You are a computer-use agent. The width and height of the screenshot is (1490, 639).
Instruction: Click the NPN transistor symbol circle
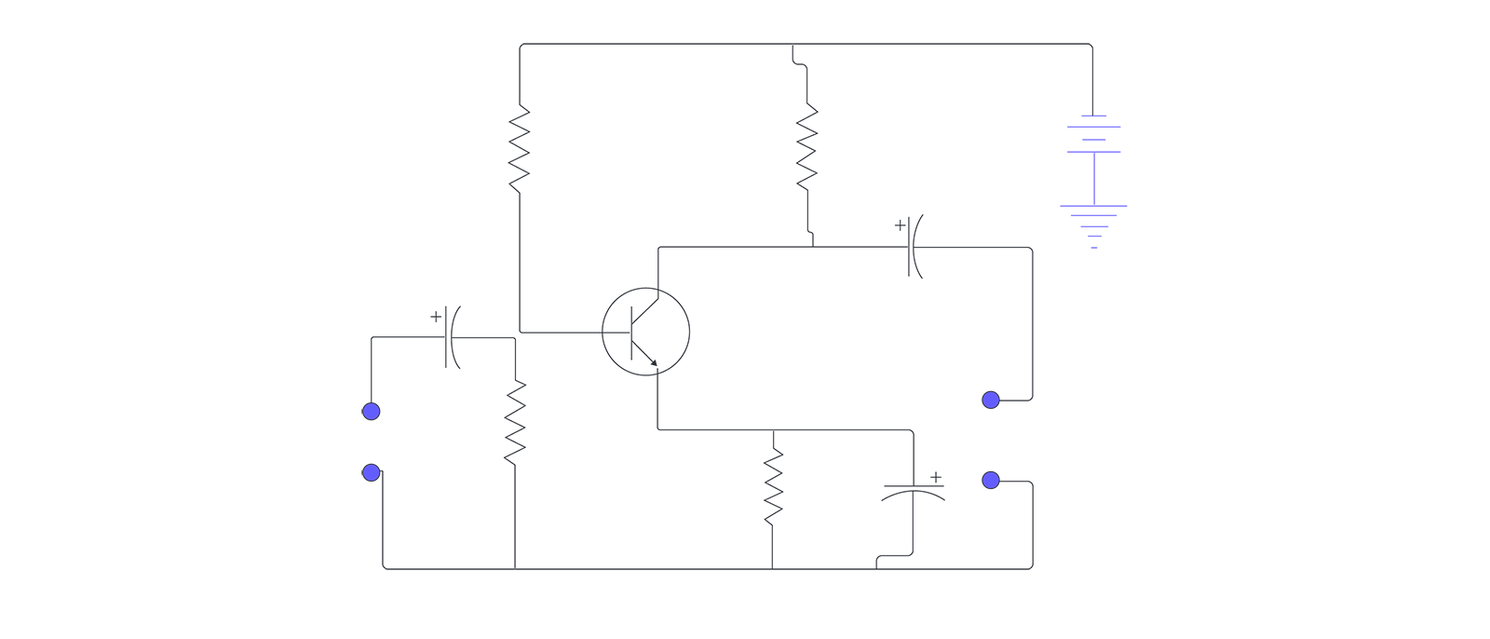pos(645,332)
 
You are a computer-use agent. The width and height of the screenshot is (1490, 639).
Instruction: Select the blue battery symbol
pos(1094,133)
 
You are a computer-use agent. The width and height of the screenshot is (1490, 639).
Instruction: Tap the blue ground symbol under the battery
pos(1094,224)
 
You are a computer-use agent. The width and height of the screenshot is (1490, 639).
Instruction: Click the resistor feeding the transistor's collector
pos(807,145)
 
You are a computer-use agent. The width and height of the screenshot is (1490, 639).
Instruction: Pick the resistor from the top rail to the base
pos(520,149)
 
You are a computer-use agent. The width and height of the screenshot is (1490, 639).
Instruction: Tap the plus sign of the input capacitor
pos(436,317)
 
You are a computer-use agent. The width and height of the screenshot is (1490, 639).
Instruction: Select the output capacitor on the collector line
pos(914,247)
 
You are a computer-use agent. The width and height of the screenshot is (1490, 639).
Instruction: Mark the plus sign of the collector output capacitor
pos(900,224)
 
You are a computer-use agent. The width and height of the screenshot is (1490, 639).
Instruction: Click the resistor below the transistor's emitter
pos(773,486)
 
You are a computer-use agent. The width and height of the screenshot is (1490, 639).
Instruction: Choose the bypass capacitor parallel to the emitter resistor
pos(913,492)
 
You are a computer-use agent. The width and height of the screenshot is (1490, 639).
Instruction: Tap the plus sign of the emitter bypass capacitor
pos(936,477)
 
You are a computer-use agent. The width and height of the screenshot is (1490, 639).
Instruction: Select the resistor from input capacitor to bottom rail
pos(515,422)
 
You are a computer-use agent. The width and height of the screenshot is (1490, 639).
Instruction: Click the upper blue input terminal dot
pos(372,412)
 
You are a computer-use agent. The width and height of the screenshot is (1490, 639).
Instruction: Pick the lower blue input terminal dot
pos(372,473)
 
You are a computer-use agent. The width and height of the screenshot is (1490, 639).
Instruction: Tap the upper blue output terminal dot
pos(991,401)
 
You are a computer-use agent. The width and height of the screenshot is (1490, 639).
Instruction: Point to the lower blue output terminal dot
pos(991,481)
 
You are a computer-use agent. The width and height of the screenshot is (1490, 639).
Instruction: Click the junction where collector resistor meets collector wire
pos(813,247)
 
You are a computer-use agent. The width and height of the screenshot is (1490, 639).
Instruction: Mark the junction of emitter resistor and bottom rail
pos(773,568)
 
